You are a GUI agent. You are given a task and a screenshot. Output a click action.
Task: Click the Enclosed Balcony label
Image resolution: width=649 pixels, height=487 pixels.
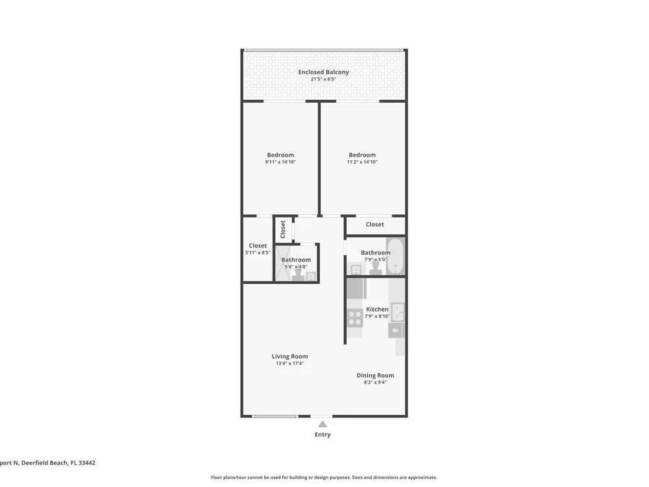(323, 72)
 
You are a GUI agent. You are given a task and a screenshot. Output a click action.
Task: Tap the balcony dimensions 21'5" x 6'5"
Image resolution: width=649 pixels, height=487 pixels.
(323, 79)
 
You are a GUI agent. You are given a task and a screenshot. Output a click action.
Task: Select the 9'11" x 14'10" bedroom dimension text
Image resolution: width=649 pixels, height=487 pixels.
(280, 162)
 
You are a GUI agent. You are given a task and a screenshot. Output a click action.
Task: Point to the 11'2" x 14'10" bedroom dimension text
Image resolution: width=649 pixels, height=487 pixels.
(362, 162)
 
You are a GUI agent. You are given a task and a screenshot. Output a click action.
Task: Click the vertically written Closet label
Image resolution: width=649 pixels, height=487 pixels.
(283, 229)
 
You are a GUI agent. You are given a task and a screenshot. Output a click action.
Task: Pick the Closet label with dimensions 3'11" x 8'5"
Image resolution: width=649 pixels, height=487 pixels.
(258, 245)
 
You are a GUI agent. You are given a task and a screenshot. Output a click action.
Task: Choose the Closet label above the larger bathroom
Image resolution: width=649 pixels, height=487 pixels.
(374, 224)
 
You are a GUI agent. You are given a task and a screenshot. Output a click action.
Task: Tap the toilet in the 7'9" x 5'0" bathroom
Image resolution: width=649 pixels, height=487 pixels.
(376, 268)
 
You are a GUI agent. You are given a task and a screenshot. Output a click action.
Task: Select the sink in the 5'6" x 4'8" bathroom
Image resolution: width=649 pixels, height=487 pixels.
(311, 276)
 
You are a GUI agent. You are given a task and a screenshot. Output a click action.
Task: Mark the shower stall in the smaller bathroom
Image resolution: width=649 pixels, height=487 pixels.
(284, 264)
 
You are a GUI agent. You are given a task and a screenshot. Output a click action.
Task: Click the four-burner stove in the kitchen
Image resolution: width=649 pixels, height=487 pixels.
(355, 318)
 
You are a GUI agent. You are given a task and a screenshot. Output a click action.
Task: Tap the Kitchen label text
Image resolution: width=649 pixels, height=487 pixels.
(377, 309)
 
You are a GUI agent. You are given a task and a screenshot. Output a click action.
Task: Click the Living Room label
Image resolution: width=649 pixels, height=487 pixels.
(289, 356)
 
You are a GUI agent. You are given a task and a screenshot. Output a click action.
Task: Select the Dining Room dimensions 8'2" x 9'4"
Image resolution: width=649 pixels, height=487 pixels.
(375, 382)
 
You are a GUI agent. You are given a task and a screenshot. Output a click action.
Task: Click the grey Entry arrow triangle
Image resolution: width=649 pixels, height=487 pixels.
(323, 424)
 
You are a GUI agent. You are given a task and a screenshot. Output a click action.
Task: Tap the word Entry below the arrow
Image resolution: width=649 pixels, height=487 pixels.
(323, 434)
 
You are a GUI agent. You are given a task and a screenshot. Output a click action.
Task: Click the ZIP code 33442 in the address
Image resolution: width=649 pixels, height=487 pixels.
(87, 463)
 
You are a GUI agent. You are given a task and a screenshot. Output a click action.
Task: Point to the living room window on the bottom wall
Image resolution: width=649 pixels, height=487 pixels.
(275, 416)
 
